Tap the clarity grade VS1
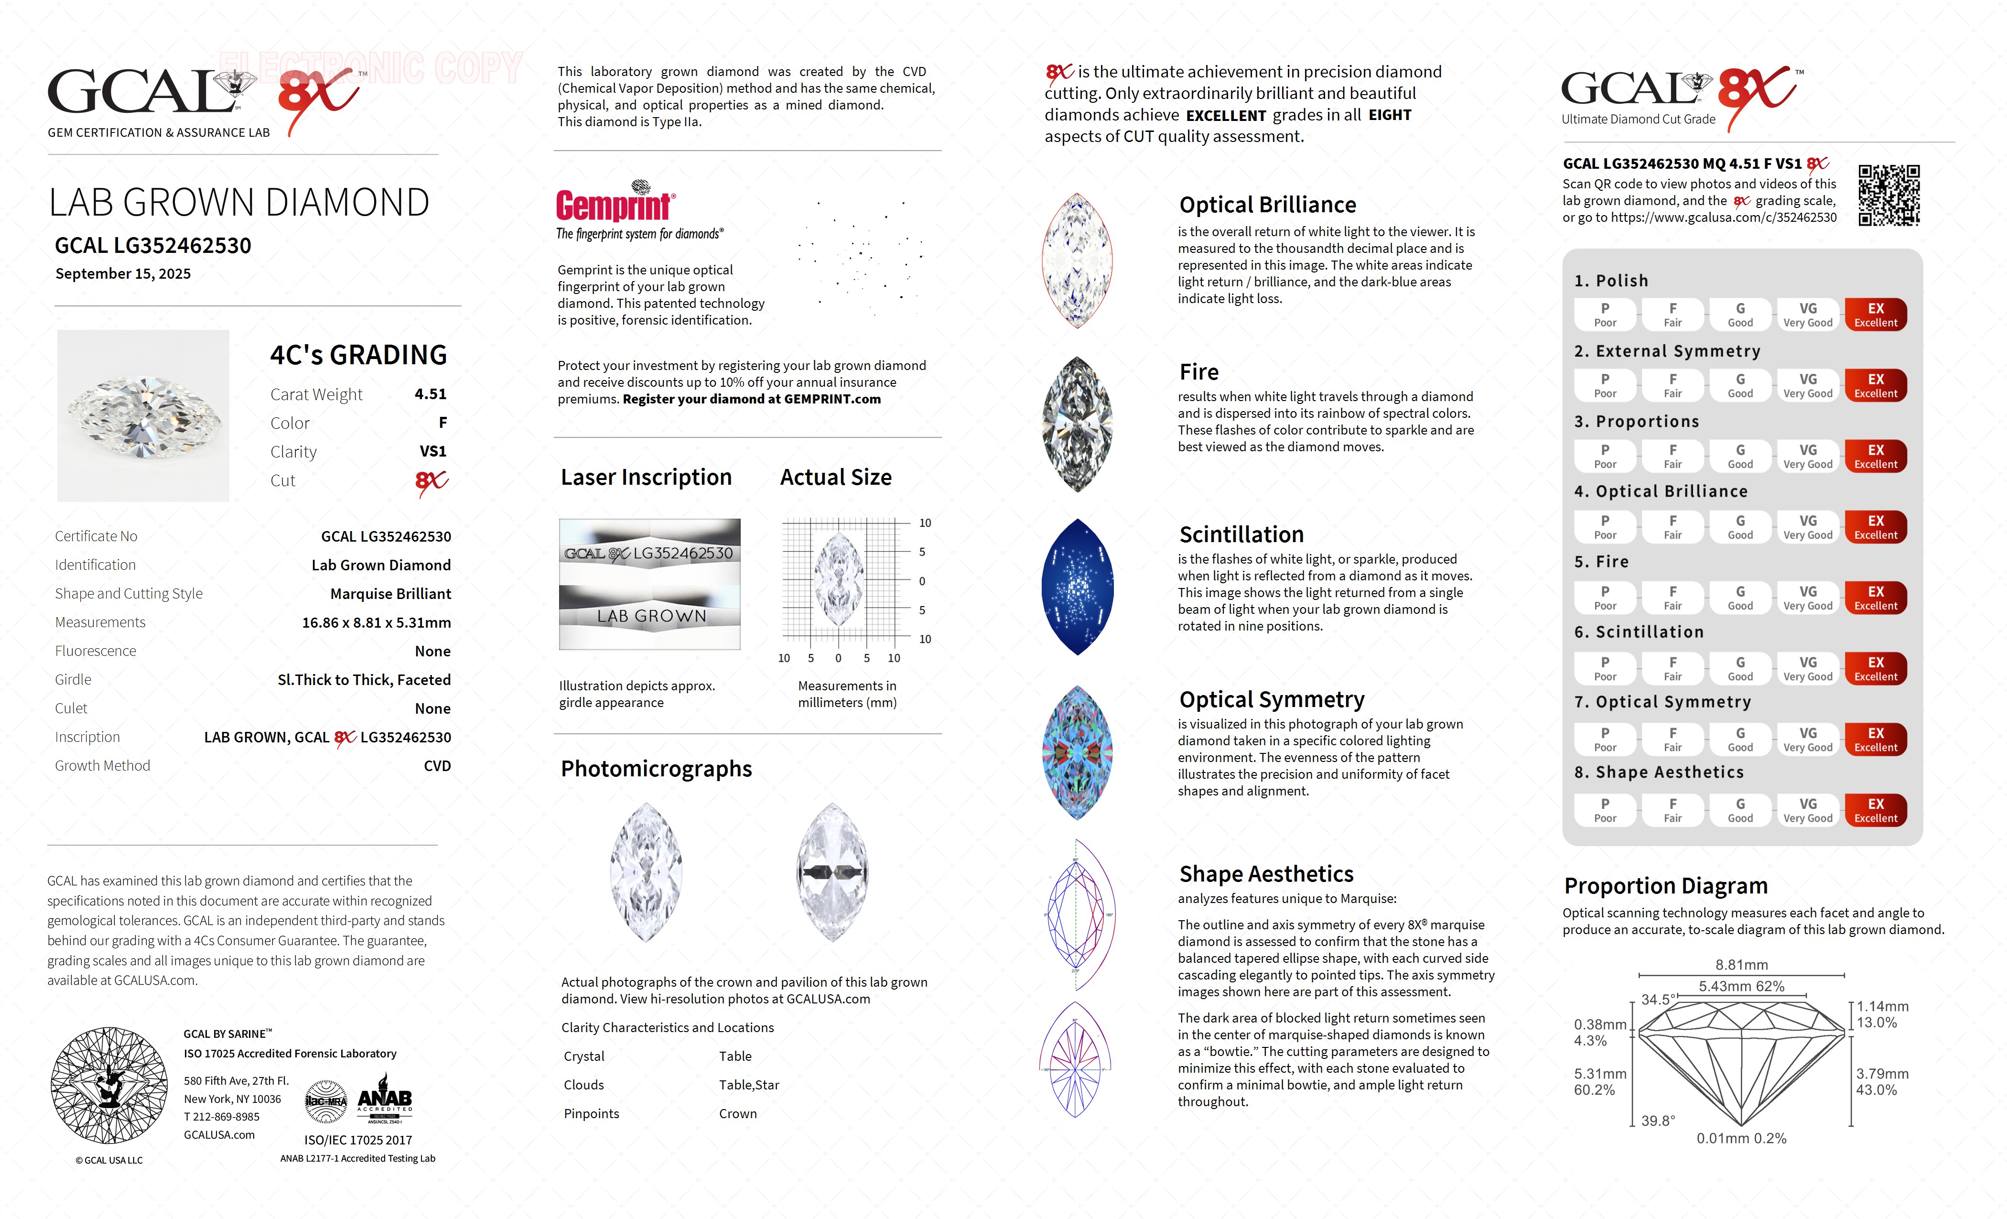[432, 451]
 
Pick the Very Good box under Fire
[1807, 597]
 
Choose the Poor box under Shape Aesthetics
[1605, 810]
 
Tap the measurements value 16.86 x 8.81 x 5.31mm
[377, 622]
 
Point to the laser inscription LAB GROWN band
[650, 616]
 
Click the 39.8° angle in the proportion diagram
[1658, 1121]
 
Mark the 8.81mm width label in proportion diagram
[1741, 965]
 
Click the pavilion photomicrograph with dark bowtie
[831, 872]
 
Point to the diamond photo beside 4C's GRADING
[143, 415]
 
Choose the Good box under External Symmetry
[1740, 385]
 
